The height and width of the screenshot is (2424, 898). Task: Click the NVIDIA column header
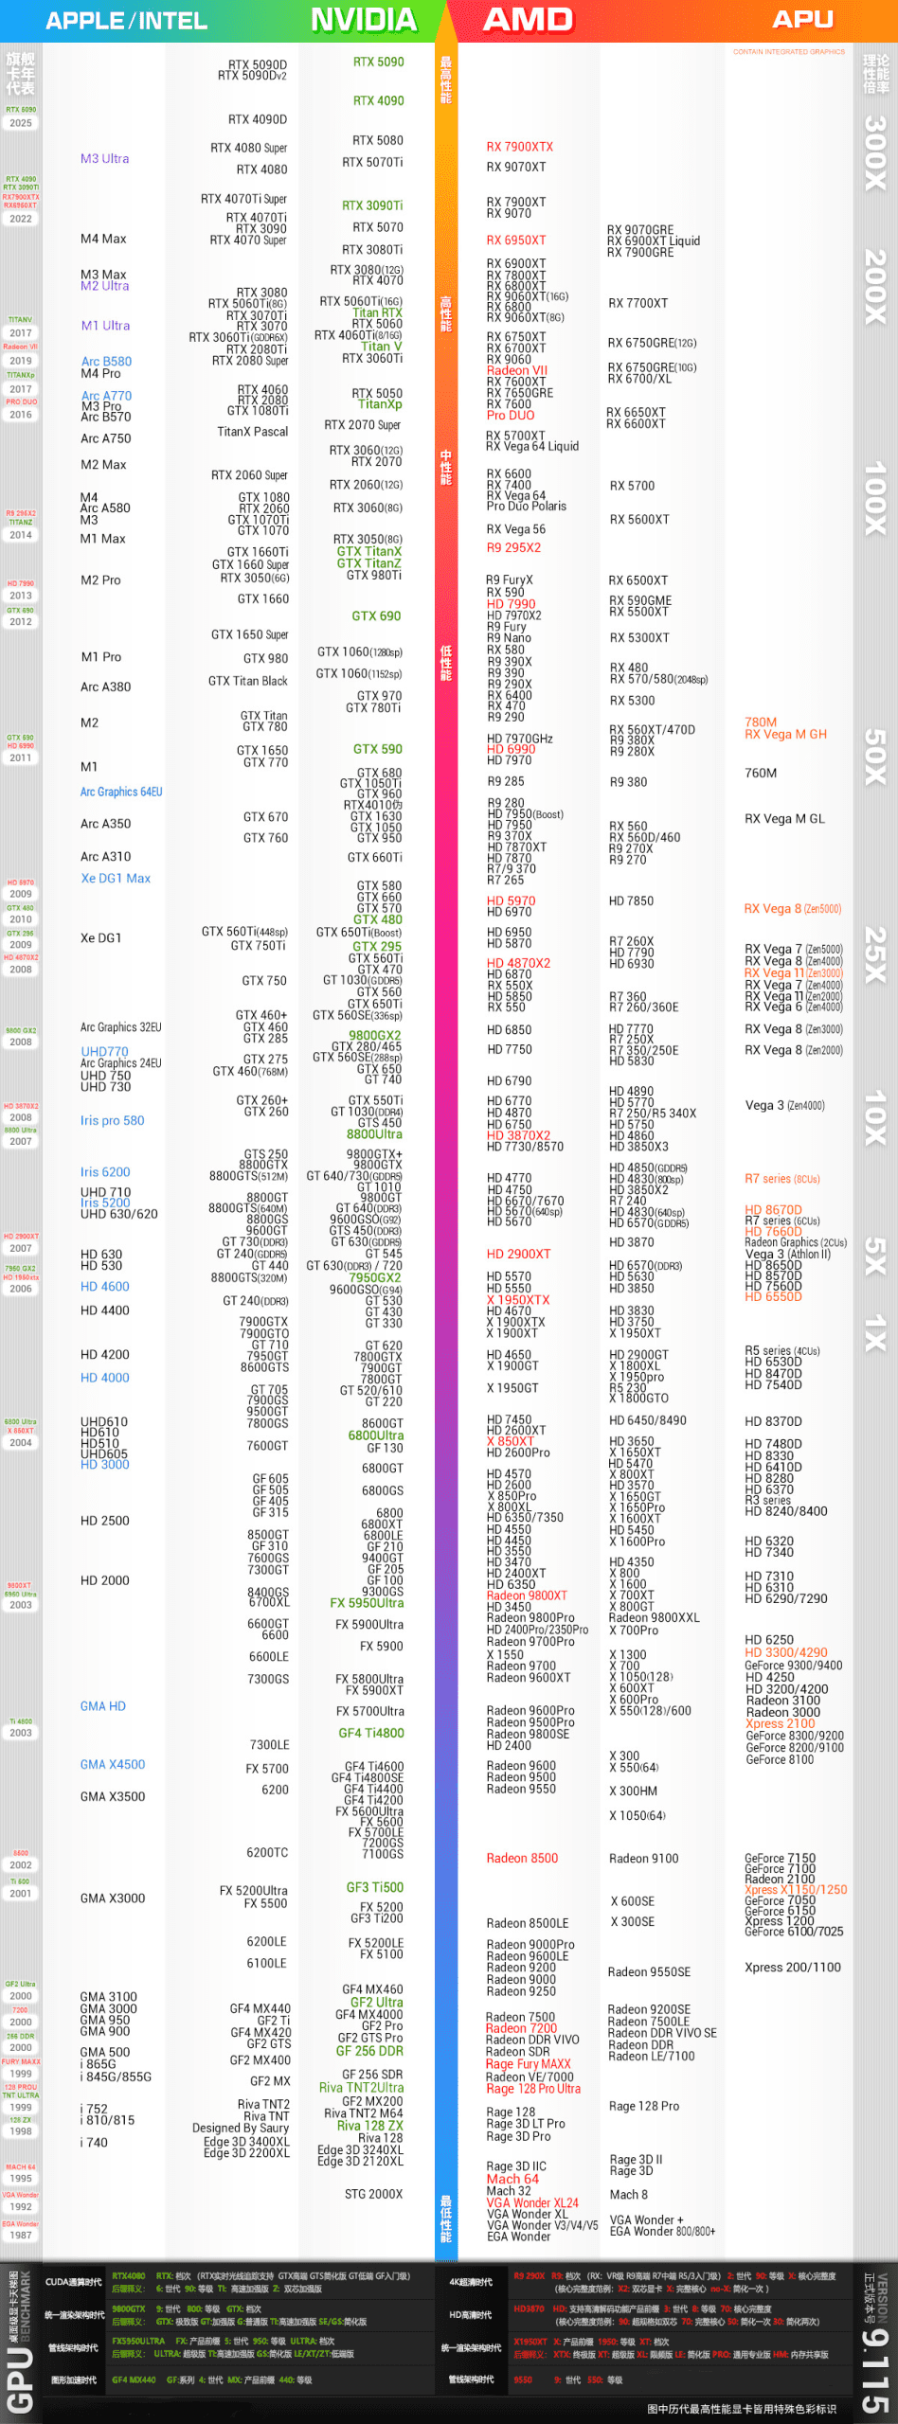[x=364, y=20]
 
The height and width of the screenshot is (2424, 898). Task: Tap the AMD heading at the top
[x=528, y=20]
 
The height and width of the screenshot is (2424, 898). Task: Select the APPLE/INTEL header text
[x=126, y=21]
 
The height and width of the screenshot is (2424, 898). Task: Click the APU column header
[x=801, y=20]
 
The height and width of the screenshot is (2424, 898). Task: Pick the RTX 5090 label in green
[x=378, y=62]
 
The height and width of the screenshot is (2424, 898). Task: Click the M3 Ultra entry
[x=104, y=159]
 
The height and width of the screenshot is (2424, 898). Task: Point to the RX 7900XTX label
[x=519, y=147]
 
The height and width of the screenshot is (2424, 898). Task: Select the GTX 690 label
[x=376, y=616]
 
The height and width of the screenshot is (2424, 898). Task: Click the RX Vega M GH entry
[x=785, y=735]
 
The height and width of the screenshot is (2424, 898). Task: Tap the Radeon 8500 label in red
[x=522, y=1859]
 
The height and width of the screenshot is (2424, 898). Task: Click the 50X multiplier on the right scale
[x=874, y=757]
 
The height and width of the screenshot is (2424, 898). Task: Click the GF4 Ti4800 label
[x=371, y=1734]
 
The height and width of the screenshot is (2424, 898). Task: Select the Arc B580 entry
[x=106, y=362]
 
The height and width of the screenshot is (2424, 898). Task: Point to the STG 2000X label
[x=373, y=2195]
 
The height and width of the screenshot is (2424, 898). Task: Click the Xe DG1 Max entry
[x=116, y=879]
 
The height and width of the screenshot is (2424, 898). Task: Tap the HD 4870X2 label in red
[x=518, y=963]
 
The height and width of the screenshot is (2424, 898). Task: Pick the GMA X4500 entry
[x=113, y=1765]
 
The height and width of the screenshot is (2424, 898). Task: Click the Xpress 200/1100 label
[x=792, y=1968]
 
